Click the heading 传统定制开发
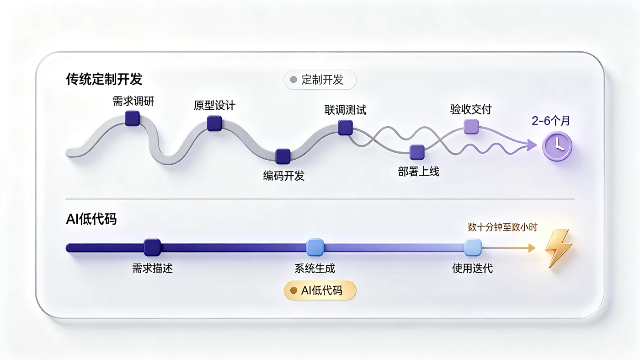tap(104, 79)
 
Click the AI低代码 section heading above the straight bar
tap(91, 219)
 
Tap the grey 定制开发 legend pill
tap(320, 80)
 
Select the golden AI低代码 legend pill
tap(320, 290)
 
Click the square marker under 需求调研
tap(132, 118)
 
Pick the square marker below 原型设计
tap(214, 123)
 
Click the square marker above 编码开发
tap(283, 156)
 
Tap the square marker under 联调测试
tap(345, 128)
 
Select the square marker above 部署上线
tap(417, 152)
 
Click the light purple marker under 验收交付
tap(471, 127)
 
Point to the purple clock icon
tap(557, 146)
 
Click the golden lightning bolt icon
tap(559, 248)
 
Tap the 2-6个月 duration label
tap(551, 121)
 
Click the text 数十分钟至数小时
tap(502, 227)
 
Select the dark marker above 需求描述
tap(152, 247)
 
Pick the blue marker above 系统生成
tap(315, 247)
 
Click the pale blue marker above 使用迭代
tap(473, 247)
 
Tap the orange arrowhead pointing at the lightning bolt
tap(532, 248)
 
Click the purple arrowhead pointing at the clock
tap(532, 145)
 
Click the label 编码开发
tap(284, 176)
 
